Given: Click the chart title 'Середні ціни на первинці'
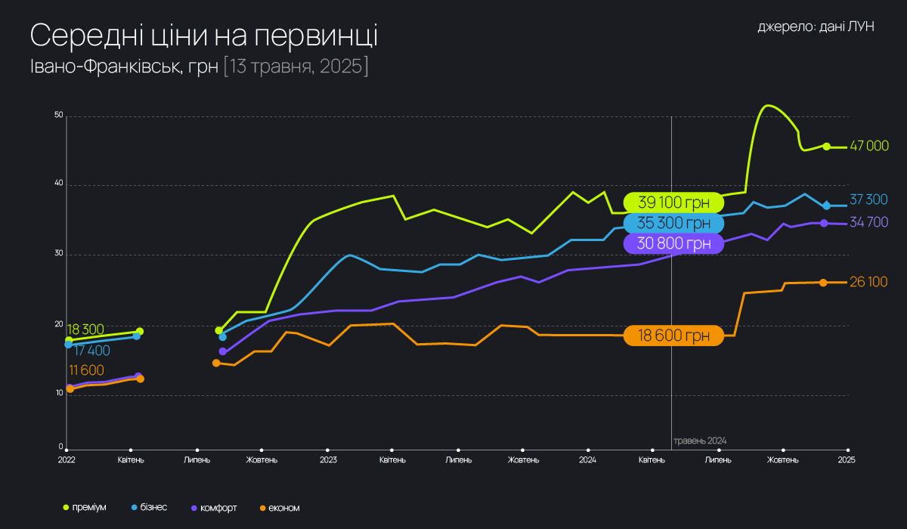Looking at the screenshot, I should (x=204, y=36).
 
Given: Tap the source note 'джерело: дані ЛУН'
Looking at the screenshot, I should (x=816, y=26).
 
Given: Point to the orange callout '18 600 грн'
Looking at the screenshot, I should (x=673, y=336).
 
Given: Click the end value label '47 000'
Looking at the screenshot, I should (x=869, y=146).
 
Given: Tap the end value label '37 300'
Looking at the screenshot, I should (x=869, y=200).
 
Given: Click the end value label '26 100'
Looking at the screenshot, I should (x=869, y=282).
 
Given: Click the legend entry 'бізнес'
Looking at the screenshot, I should (x=153, y=507).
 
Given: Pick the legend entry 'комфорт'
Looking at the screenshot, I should (x=218, y=507).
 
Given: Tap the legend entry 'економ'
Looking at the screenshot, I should (x=284, y=507).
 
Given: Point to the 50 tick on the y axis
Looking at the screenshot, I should (x=59, y=116).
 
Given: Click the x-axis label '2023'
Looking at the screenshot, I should (x=328, y=459).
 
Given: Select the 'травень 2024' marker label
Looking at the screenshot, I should (x=701, y=440).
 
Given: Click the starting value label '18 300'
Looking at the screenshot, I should (x=85, y=329).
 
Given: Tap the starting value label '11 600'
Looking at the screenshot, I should (x=85, y=370).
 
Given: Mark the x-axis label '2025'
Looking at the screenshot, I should (x=847, y=459).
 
